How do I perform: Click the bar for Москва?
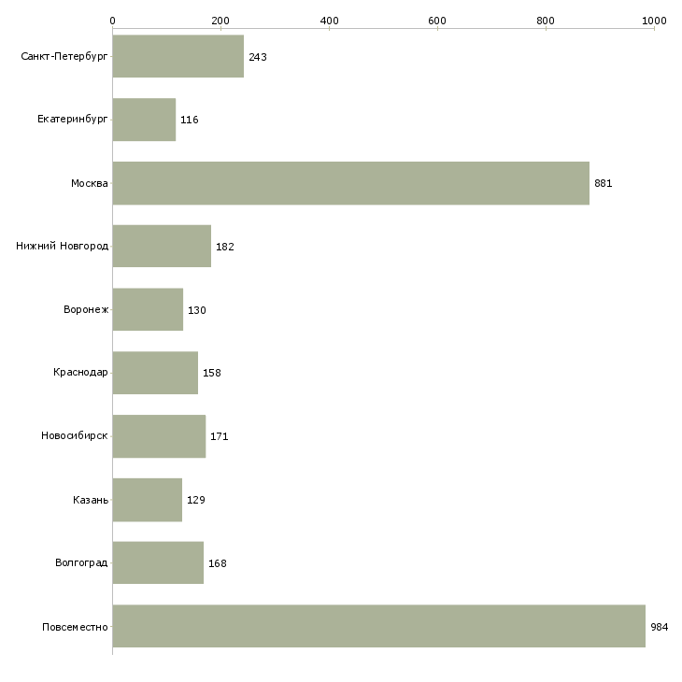[351, 183]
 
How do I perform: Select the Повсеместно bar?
[379, 626]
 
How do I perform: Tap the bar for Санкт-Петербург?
[178, 56]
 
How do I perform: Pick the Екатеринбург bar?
[144, 120]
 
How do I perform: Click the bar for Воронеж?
[148, 309]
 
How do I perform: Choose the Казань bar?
[148, 500]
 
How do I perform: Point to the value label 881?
[604, 183]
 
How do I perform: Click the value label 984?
[659, 627]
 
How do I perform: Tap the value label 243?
[258, 57]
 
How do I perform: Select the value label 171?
[220, 436]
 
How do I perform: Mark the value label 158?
[212, 373]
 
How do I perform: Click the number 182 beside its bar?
[225, 247]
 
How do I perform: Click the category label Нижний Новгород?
[63, 247]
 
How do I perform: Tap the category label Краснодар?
[80, 373]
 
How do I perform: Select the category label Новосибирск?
[75, 435]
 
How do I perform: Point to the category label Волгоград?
[81, 562]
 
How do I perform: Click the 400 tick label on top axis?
[329, 21]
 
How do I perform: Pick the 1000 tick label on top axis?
[654, 21]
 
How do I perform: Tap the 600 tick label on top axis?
[437, 21]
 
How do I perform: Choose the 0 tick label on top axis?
[113, 21]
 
